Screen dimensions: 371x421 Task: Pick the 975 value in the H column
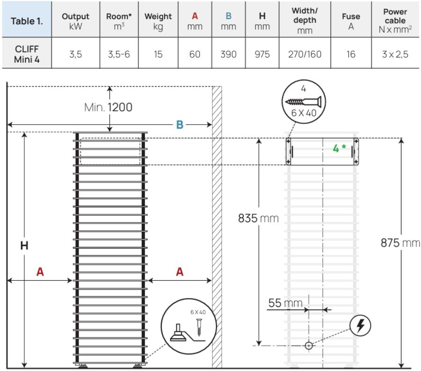262,54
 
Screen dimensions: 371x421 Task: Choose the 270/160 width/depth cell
304,54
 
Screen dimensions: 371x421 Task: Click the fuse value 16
351,54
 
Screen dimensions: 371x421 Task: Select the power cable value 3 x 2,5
395,54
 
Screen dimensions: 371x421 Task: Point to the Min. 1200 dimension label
108,107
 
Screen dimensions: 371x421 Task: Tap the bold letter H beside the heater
24,246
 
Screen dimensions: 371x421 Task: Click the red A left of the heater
40,272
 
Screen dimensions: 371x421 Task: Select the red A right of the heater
180,272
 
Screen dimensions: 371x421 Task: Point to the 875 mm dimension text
400,244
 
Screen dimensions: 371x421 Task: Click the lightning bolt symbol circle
361,326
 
